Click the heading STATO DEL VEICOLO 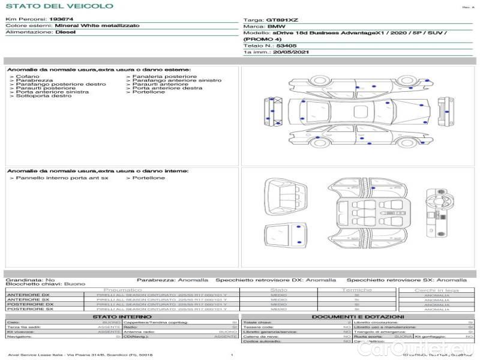pos(59,6)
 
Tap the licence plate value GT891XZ pos(282,20)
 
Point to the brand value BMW pos(276,28)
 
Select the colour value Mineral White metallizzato pos(97,26)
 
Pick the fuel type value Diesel pos(65,32)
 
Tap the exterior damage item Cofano pos(28,77)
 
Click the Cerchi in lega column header pos(437,290)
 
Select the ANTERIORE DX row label pos(28,295)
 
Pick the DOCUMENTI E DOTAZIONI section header pos(358,316)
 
